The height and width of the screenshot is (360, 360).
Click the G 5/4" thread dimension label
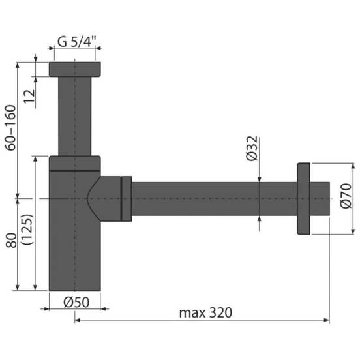[x=76, y=42]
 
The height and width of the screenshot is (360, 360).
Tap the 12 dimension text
[x=29, y=97]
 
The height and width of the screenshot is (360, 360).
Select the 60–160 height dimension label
[x=11, y=128]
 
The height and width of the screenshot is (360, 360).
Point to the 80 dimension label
[x=11, y=241]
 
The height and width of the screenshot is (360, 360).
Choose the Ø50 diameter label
[x=76, y=302]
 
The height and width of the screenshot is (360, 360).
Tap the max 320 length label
[x=205, y=312]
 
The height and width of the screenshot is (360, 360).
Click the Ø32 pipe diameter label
[x=252, y=149]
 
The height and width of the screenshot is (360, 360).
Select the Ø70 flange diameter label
[x=346, y=196]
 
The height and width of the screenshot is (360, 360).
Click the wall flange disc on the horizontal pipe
[x=303, y=199]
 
